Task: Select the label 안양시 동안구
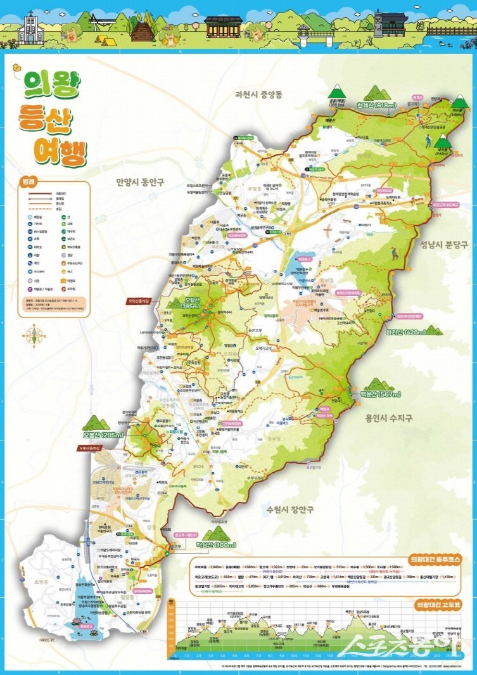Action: pos(140,182)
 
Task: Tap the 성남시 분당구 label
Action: pos(443,244)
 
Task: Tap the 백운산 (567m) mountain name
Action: pos(379,394)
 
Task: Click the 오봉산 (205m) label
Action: pos(102,435)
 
